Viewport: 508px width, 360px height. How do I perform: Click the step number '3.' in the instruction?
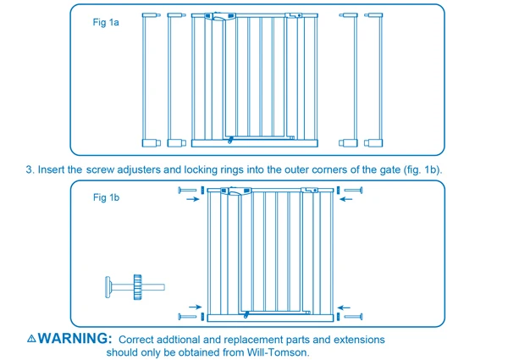(x=30, y=169)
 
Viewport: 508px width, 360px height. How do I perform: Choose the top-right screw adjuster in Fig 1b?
(x=351, y=191)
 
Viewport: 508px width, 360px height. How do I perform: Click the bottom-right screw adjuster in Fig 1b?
(x=351, y=317)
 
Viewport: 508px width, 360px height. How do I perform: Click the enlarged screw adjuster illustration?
(x=128, y=286)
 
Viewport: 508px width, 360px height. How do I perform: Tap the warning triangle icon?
(x=31, y=338)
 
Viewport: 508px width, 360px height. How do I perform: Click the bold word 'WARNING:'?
(x=75, y=338)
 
